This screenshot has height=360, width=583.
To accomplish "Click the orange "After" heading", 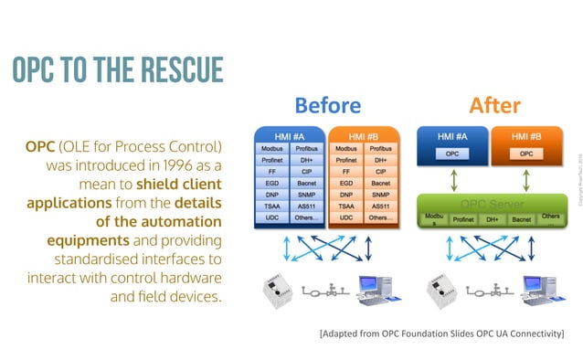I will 494,105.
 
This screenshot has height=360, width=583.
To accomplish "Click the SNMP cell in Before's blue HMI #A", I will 306,194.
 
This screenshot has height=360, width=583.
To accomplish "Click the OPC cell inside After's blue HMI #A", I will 451,154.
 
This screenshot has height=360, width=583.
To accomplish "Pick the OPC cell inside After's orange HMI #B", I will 525,154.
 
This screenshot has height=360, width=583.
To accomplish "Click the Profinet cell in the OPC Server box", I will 463,219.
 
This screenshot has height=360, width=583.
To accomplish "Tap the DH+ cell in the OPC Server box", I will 492,219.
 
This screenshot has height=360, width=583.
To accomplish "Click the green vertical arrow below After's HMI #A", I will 451,180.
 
